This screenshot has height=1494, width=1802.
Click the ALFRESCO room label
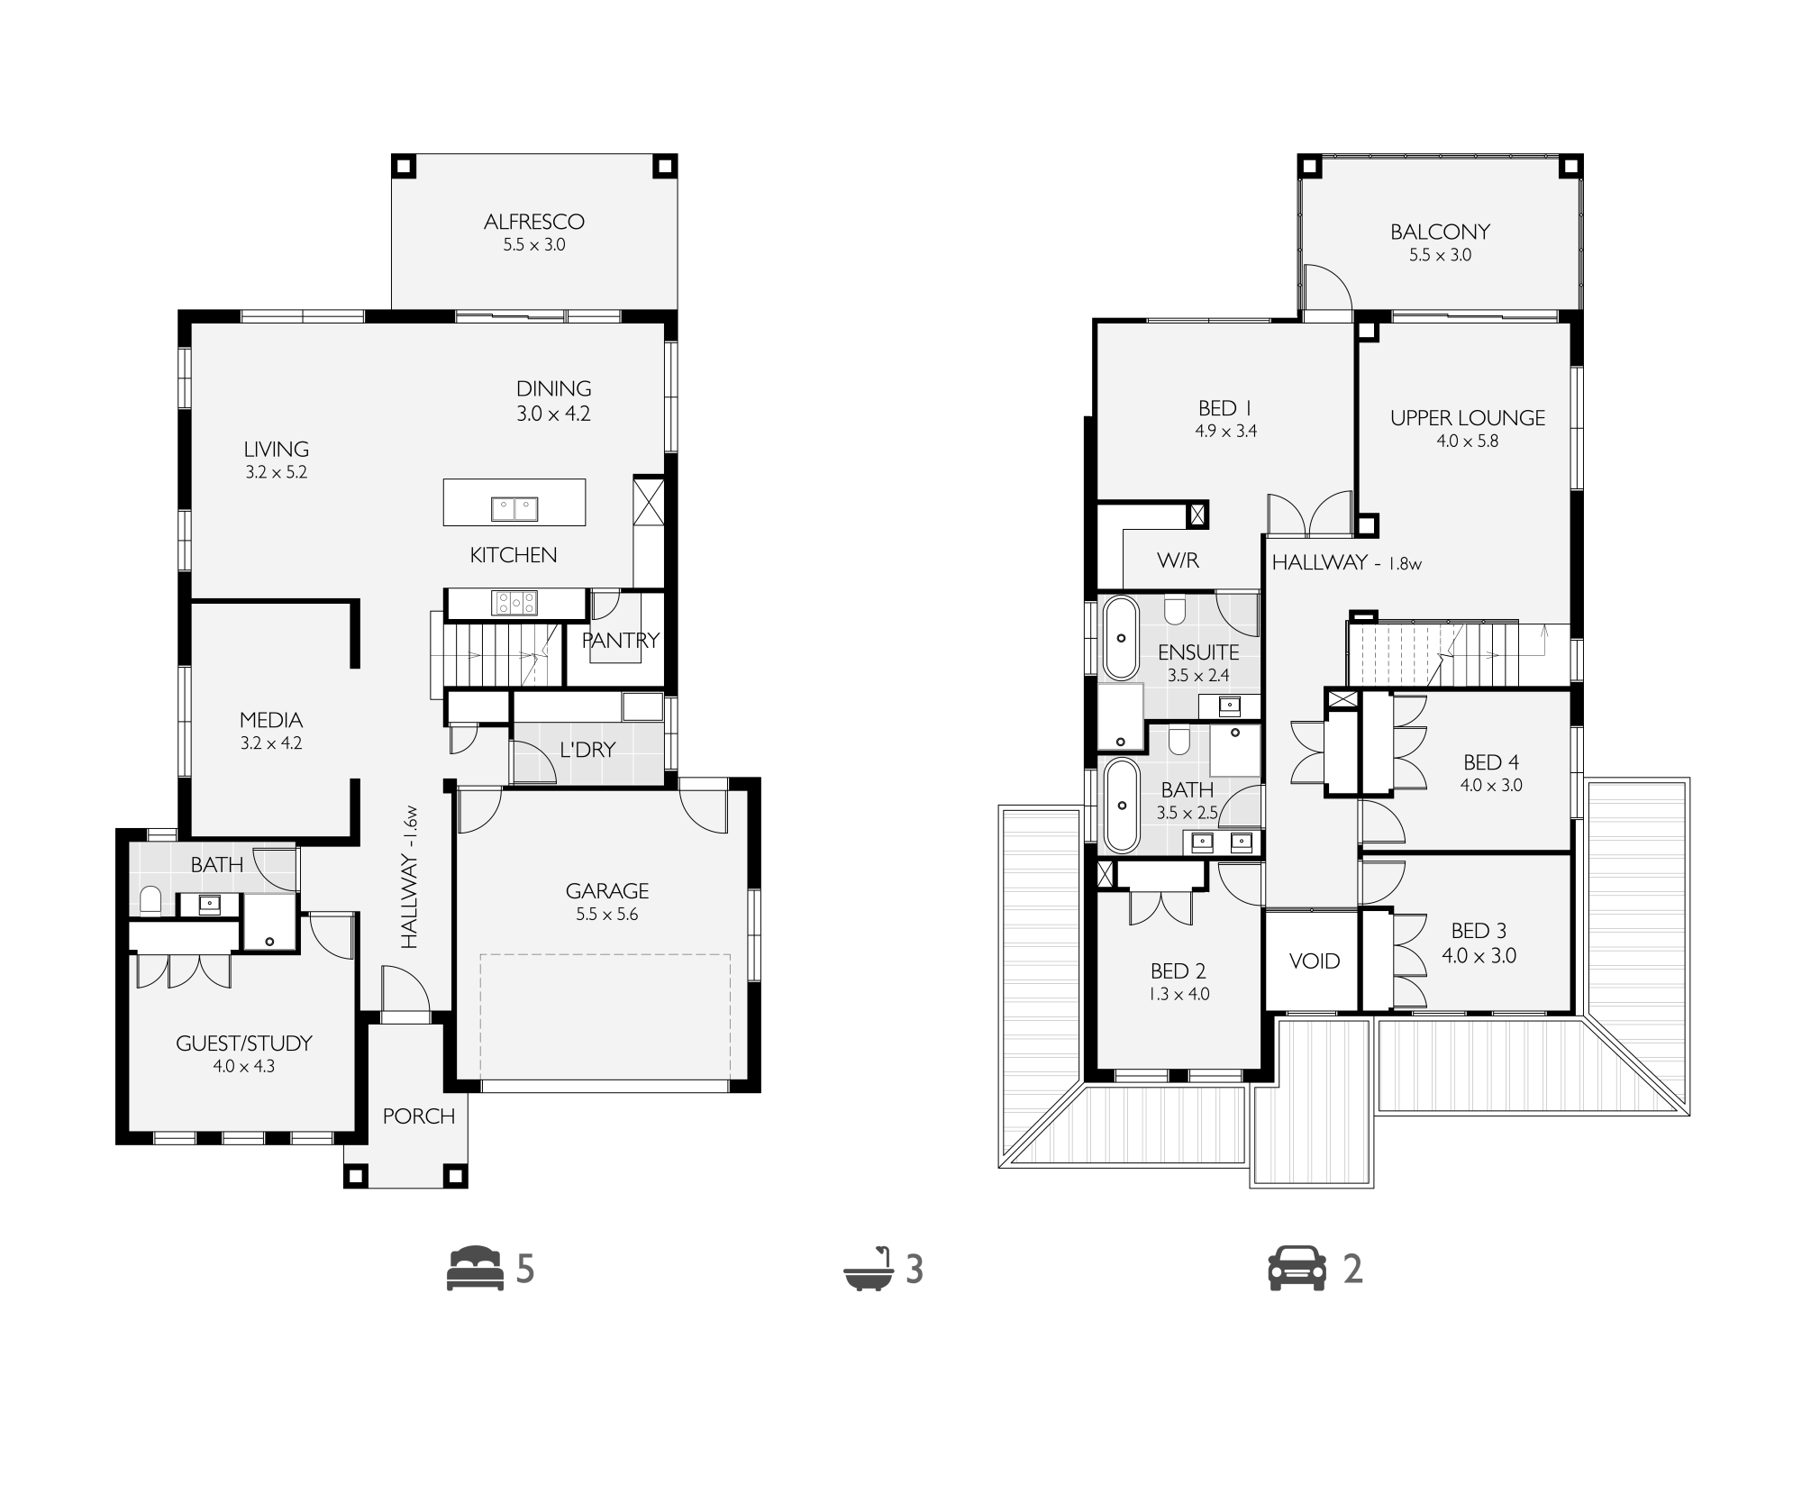point(534,222)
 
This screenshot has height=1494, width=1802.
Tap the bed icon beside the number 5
point(475,1269)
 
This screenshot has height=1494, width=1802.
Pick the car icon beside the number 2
point(1297,1269)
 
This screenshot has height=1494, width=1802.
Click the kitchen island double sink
point(514,509)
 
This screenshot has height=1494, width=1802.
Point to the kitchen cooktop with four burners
point(514,603)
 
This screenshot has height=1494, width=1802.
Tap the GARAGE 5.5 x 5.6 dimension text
point(607,915)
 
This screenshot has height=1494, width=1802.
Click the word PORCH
point(419,1116)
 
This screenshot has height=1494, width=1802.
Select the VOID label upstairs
point(1315,961)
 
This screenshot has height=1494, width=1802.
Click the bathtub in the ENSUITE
point(1121,638)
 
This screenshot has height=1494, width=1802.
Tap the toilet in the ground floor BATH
point(151,900)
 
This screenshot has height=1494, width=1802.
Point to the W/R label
point(1179,560)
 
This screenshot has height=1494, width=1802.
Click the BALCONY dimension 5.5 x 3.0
point(1441,255)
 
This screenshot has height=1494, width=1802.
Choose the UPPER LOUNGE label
point(1468,418)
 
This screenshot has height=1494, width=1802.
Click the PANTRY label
point(621,641)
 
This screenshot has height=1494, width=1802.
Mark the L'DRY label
point(587,750)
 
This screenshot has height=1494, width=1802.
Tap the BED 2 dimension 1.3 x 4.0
point(1179,995)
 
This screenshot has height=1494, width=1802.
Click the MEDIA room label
point(271,720)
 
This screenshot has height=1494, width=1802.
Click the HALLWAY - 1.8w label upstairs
point(1347,563)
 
